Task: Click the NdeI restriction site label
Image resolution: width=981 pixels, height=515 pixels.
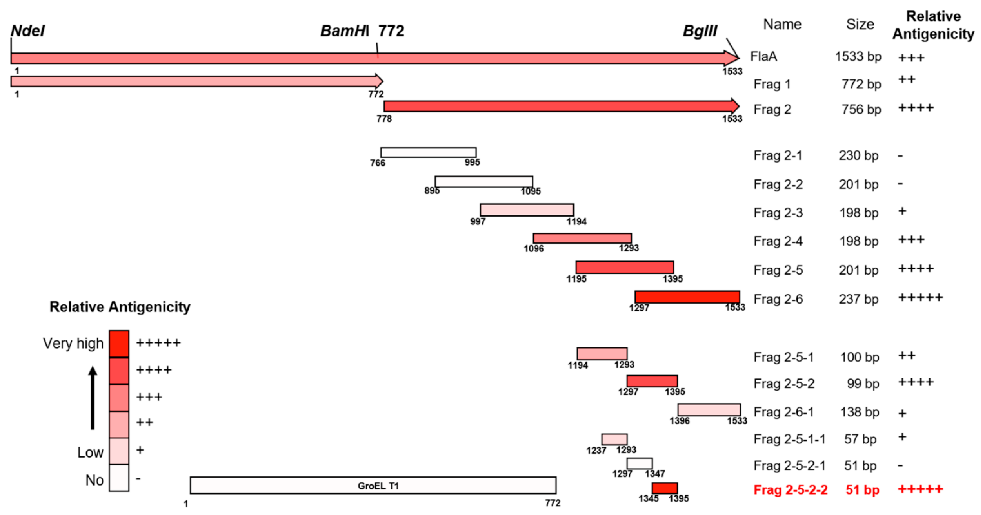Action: coord(28,31)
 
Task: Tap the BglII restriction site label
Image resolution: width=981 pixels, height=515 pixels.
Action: coord(700,31)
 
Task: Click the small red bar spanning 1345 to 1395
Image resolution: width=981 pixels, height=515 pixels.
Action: coord(664,488)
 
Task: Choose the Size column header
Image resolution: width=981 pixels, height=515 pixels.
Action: coord(860,24)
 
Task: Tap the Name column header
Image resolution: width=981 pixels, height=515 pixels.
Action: coord(782,24)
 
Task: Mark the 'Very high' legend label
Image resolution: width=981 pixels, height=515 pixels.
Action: coord(73,343)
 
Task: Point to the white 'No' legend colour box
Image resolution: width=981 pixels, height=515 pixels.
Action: coord(119,478)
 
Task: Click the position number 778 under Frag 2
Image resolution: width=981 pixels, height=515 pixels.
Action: coord(384,119)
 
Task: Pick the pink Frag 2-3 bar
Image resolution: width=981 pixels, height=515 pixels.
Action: coord(527,210)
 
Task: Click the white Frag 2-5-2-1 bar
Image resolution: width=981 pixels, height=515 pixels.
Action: coord(639,463)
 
